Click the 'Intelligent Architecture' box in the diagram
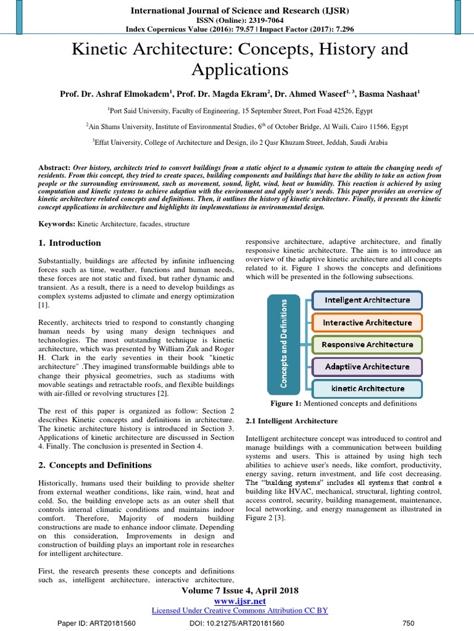click(x=367, y=300)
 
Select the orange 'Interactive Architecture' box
click(x=367, y=322)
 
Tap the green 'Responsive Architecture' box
click(x=367, y=344)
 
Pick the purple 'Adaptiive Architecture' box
click(x=367, y=367)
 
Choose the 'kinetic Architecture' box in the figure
click(x=367, y=389)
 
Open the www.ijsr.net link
click(x=239, y=601)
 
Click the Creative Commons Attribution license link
click(x=239, y=610)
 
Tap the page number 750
click(x=408, y=623)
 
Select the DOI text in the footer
click(x=237, y=623)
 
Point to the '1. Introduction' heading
click(x=70, y=243)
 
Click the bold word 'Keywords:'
click(x=57, y=224)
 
